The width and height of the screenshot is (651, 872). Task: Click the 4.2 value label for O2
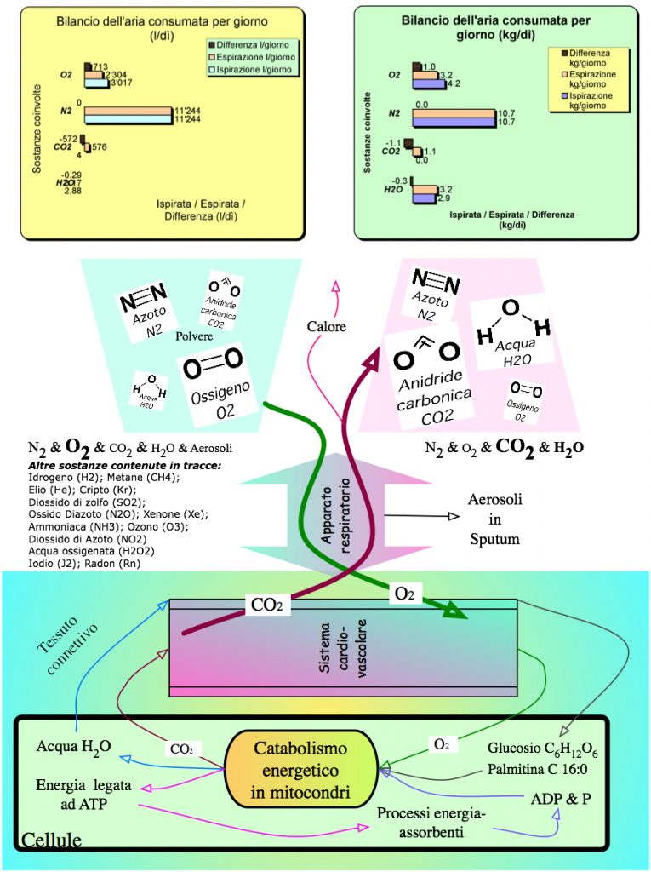pyautogui.click(x=454, y=83)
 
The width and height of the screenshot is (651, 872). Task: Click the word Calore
pyautogui.click(x=327, y=325)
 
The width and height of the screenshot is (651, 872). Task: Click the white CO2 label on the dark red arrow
pyautogui.click(x=270, y=605)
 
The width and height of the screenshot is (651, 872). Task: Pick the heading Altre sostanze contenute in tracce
pyautogui.click(x=124, y=466)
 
